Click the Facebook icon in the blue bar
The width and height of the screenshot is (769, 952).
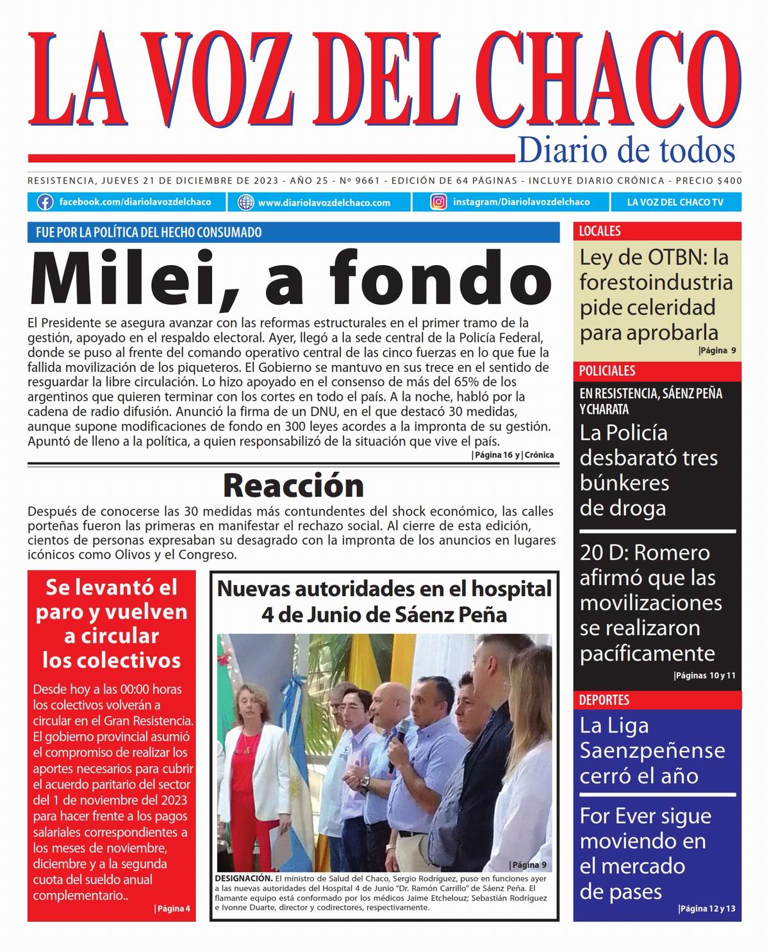(x=45, y=202)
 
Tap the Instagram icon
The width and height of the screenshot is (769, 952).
(x=439, y=202)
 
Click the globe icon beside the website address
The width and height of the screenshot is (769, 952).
(x=245, y=202)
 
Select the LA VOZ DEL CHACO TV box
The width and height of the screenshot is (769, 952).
(x=675, y=202)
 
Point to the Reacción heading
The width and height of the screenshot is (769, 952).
(x=293, y=485)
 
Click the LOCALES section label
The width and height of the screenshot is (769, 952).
(x=600, y=231)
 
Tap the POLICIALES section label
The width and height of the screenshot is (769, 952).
(x=607, y=371)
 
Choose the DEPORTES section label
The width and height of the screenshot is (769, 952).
(x=604, y=700)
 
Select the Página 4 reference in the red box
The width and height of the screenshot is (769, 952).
(x=172, y=908)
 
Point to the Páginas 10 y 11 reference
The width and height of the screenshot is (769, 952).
(x=705, y=675)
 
